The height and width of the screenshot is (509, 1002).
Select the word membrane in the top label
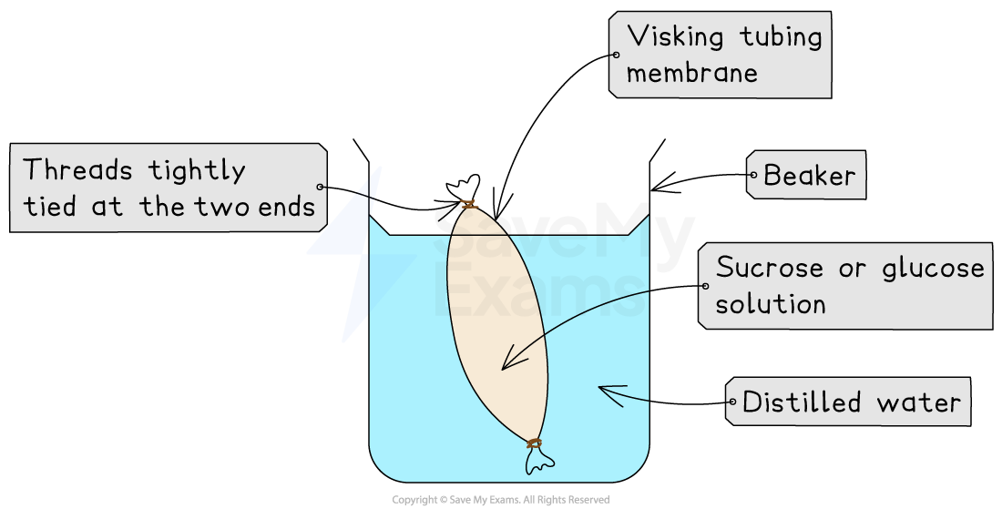[691, 74]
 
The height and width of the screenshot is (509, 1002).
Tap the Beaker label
[809, 175]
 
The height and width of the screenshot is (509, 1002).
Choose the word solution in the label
[770, 304]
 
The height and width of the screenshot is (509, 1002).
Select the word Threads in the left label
[77, 170]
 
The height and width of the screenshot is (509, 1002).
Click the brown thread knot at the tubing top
[468, 204]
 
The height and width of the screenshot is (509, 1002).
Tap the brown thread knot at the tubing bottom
[534, 443]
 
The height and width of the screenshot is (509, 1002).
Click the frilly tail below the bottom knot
[539, 462]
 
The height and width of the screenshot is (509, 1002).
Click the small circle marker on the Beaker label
[752, 175]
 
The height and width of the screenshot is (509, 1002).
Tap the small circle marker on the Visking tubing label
[617, 55]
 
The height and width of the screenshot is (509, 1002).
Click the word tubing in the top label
[780, 37]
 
